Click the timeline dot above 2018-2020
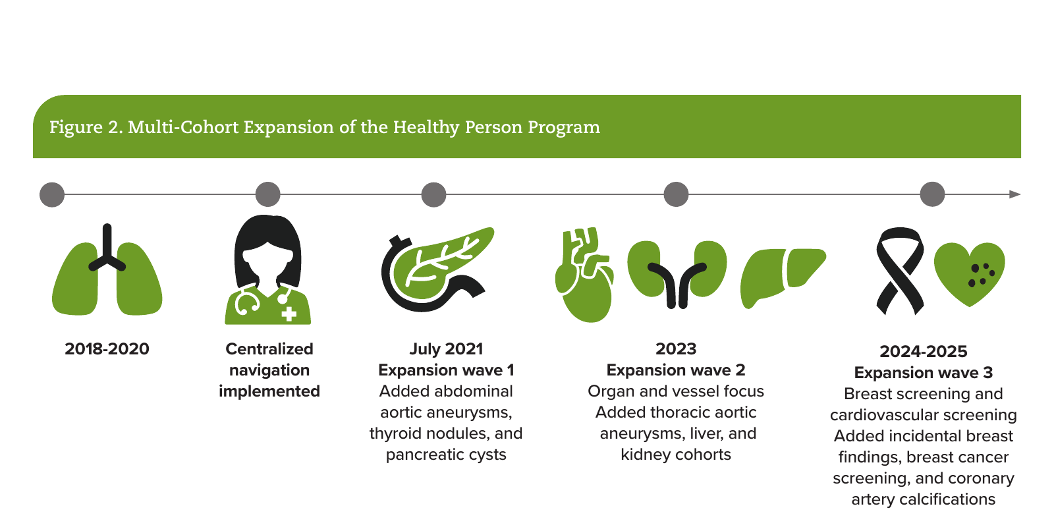[x=52, y=194]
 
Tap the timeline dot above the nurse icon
[x=267, y=194]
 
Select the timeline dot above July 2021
[x=433, y=194]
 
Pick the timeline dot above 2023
[x=676, y=194]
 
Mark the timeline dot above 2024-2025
[x=932, y=194]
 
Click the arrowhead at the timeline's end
[x=1015, y=194]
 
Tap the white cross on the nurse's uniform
[x=289, y=314]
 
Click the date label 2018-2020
[x=107, y=349]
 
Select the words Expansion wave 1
[x=446, y=370]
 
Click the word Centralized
[x=269, y=349]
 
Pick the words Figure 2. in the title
[x=86, y=127]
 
